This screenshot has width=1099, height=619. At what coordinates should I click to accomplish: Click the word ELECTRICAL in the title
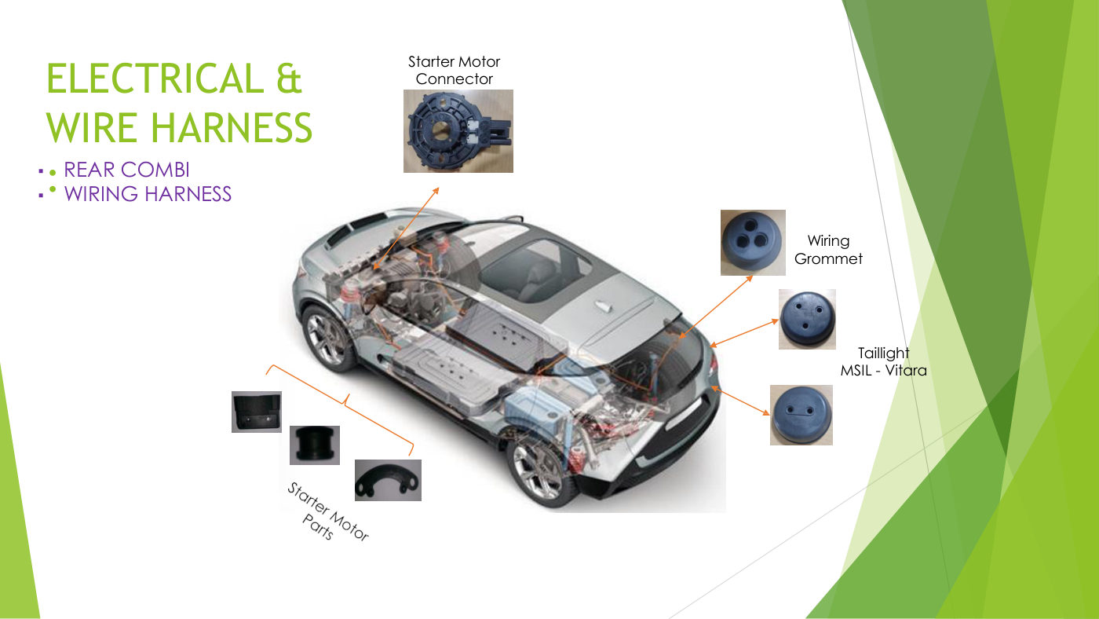pyautogui.click(x=155, y=79)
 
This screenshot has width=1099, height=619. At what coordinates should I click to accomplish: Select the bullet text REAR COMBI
pyautogui.click(x=126, y=170)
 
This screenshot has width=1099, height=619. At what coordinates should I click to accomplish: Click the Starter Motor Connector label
pyautogui.click(x=454, y=70)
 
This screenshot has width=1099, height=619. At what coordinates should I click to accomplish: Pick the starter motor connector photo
pyautogui.click(x=458, y=131)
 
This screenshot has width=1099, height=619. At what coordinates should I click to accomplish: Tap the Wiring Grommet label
pyautogui.click(x=828, y=250)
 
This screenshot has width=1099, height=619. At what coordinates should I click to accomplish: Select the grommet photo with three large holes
pyautogui.click(x=753, y=243)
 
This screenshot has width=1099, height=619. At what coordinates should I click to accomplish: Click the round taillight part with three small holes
pyautogui.click(x=807, y=319)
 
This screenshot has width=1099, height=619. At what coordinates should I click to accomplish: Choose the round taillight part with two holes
pyautogui.click(x=801, y=416)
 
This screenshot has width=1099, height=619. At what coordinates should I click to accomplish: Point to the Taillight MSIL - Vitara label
pyautogui.click(x=884, y=362)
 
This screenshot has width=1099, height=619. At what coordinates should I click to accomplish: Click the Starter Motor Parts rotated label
pyautogui.click(x=328, y=511)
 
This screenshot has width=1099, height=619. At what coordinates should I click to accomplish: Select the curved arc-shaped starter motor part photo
pyautogui.click(x=388, y=480)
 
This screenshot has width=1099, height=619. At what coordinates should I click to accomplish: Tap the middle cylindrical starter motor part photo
pyautogui.click(x=315, y=445)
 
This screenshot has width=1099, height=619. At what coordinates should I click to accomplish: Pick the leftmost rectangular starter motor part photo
pyautogui.click(x=257, y=412)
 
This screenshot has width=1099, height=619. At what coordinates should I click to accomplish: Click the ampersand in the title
pyautogui.click(x=290, y=79)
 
